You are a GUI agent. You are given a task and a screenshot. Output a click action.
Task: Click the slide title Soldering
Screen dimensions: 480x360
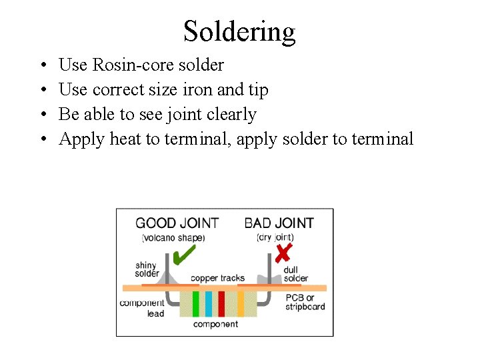click(239, 31)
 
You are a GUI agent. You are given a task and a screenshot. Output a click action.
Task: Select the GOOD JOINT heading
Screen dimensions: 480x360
click(177, 223)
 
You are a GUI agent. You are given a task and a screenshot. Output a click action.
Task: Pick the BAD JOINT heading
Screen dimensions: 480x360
click(279, 223)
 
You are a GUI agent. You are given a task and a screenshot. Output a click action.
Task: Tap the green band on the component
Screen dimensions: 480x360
click(196, 303)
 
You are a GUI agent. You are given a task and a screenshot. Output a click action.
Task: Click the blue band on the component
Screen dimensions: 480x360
click(209, 303)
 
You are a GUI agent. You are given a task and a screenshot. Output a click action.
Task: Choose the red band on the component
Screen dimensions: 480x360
click(221, 303)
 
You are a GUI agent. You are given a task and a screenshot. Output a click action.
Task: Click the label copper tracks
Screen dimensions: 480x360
click(217, 278)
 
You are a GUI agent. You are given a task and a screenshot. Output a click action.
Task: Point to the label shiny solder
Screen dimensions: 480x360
click(147, 269)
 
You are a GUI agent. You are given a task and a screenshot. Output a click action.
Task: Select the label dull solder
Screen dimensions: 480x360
click(295, 273)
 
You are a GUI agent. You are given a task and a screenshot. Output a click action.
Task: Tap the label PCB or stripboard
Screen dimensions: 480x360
click(305, 302)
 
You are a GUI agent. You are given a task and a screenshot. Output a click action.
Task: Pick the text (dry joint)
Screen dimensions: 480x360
click(275, 237)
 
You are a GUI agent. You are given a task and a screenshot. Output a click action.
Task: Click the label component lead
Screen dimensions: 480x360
click(142, 308)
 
